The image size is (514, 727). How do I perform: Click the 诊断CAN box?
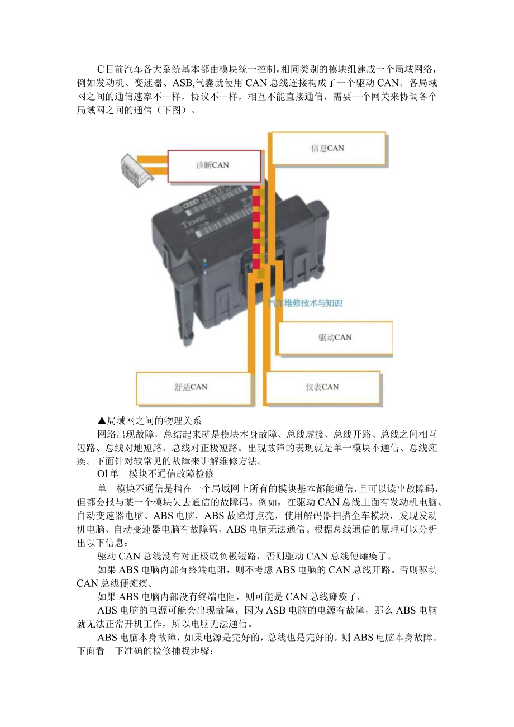click(x=214, y=166)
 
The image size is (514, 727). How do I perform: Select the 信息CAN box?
click(x=328, y=148)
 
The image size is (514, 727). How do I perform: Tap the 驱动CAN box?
click(x=335, y=338)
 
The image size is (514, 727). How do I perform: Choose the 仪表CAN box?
click(x=322, y=387)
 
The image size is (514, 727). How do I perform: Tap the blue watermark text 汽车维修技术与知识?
click(x=304, y=303)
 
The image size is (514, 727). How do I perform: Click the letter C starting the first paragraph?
click(x=101, y=69)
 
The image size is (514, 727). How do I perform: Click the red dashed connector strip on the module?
click(x=256, y=229)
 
